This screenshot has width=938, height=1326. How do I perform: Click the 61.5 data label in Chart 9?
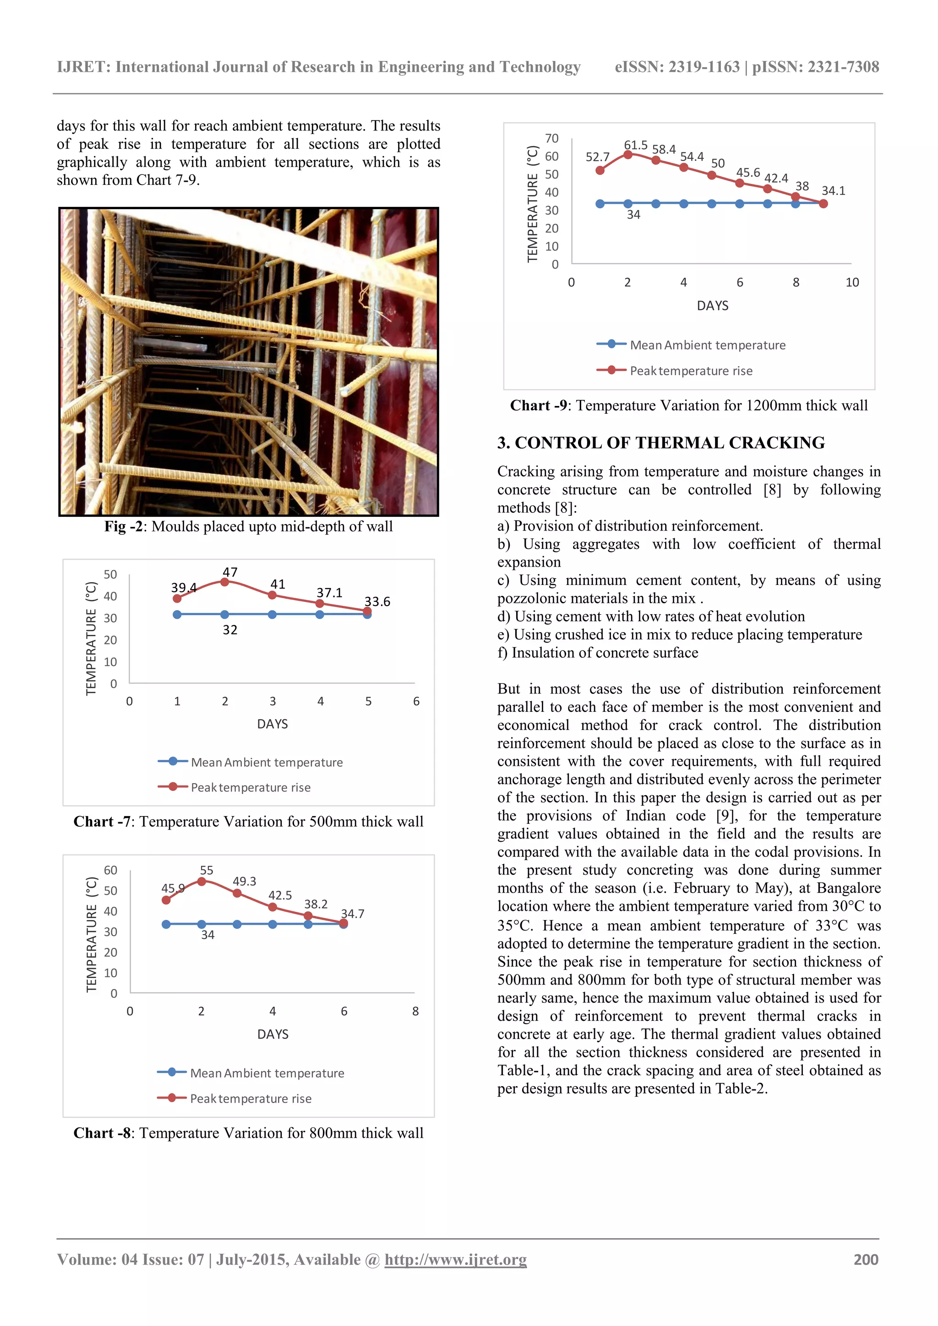coord(635,145)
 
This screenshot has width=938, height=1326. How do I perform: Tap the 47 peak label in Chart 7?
coord(230,572)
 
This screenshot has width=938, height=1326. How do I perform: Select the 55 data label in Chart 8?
coord(206,870)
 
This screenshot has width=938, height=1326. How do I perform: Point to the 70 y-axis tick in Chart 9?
coord(551,138)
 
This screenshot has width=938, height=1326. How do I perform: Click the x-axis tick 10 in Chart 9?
coord(852,282)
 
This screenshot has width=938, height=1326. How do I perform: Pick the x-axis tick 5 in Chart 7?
coord(368,701)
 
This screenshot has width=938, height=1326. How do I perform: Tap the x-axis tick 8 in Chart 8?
coord(415,1011)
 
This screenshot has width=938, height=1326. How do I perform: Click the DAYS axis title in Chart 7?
coord(272,724)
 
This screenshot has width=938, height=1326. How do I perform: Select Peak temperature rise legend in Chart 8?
coord(250,1099)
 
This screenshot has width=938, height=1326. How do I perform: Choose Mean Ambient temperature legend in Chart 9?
coord(708,345)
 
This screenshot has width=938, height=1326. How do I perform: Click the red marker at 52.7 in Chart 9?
coord(600,170)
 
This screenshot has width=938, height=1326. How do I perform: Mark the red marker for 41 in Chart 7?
coord(272,595)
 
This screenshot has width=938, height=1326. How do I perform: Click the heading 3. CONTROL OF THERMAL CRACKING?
coord(660,443)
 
